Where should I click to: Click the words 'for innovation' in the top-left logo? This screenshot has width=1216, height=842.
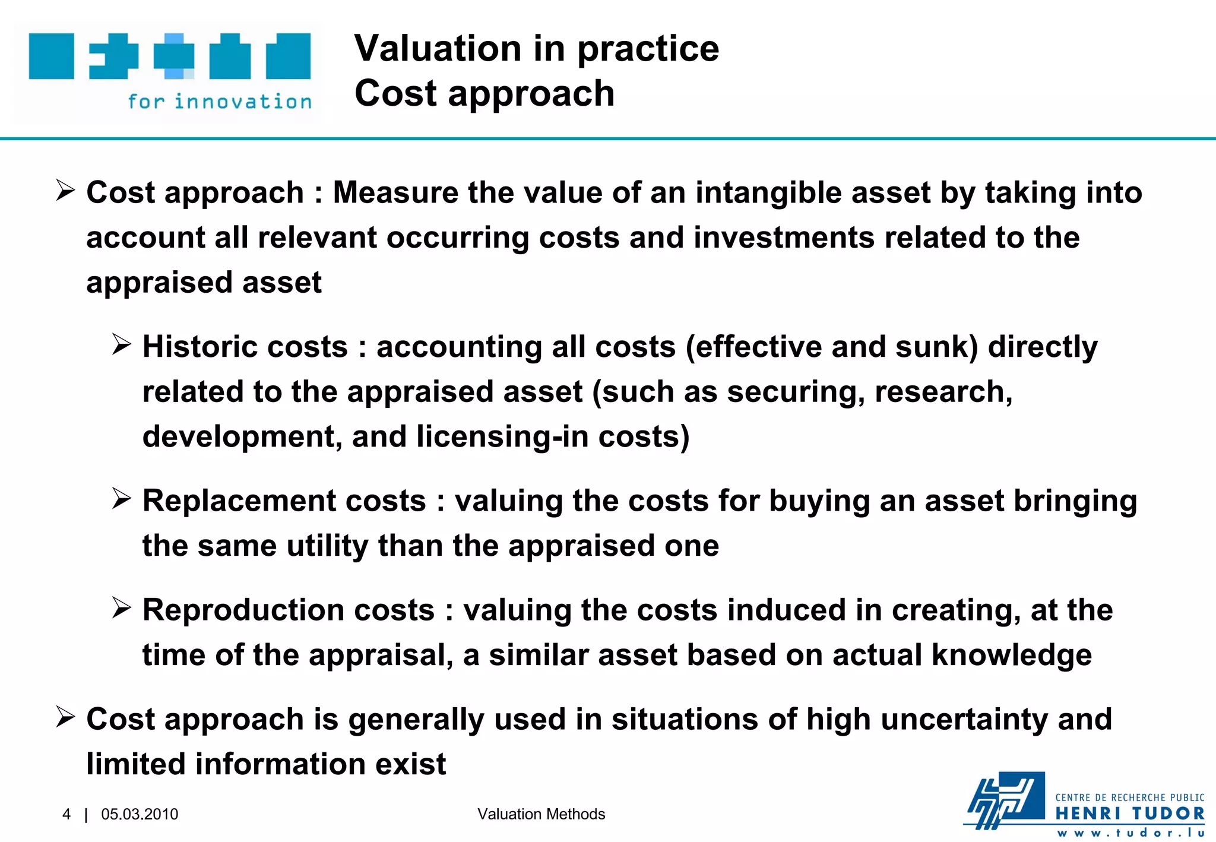point(220,102)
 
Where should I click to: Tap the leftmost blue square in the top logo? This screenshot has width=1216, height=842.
point(52,56)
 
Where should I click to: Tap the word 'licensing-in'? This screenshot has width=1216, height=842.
point(502,436)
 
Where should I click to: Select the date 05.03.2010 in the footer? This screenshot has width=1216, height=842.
point(140,814)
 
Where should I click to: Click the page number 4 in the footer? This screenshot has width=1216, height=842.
point(66,814)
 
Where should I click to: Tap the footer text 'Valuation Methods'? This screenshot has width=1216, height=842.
point(541,814)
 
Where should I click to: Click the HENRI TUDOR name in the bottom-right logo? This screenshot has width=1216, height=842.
point(1130,813)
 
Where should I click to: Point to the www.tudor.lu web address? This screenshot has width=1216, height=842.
point(1130,832)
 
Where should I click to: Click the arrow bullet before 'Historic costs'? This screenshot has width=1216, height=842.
point(121,344)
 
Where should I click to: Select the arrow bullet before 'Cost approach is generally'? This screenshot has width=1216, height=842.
point(65,717)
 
